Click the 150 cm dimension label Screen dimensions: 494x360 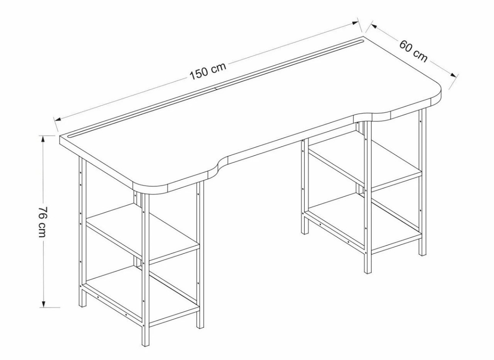208,71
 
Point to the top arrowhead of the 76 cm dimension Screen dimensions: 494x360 43,139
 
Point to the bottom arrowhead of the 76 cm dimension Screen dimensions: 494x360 43,304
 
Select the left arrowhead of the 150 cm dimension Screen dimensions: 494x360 58,119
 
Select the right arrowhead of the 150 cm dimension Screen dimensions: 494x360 355,23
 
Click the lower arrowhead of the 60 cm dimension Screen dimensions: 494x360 454,75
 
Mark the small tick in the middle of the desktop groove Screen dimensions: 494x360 216,89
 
